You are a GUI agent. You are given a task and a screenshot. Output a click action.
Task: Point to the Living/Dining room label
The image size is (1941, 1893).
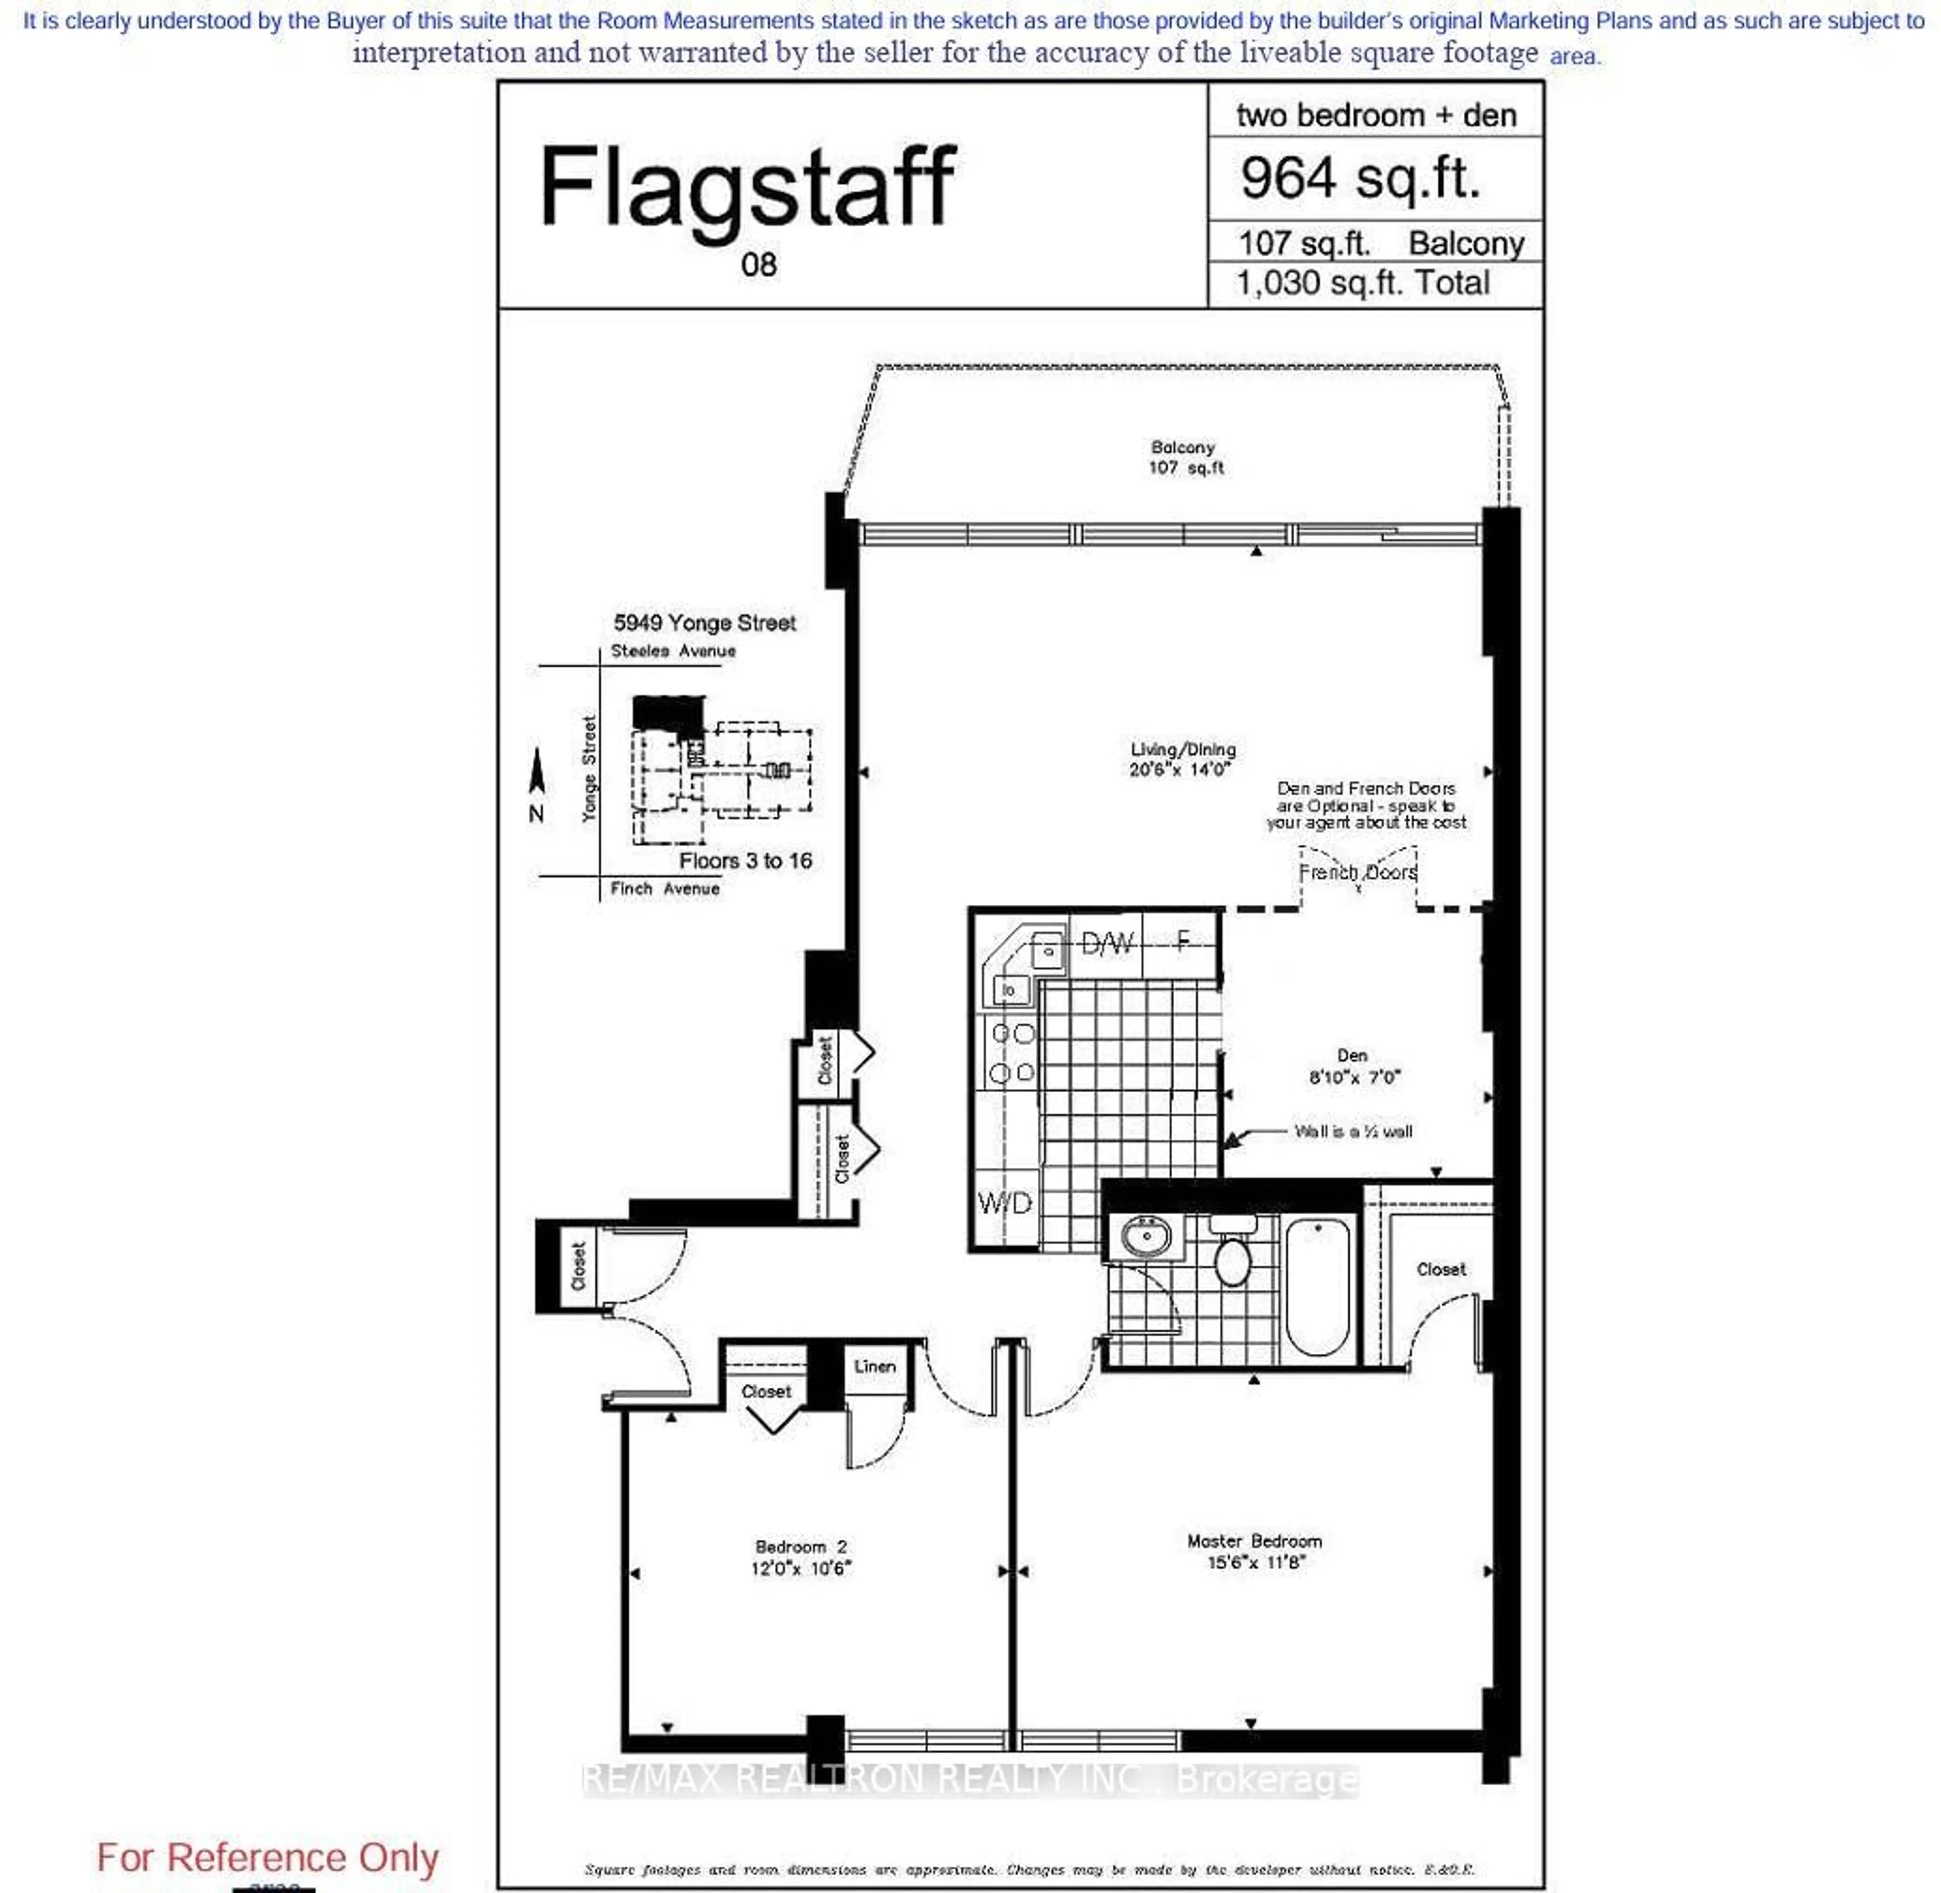click(x=1183, y=750)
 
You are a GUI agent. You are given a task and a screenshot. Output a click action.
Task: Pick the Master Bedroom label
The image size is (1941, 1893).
click(x=1254, y=1541)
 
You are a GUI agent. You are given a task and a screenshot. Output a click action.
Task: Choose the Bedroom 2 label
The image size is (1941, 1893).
click(x=801, y=1547)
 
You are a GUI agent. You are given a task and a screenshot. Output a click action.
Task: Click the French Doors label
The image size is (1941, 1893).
click(x=1358, y=872)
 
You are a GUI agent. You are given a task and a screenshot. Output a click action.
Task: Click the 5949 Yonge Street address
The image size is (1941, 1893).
click(x=705, y=624)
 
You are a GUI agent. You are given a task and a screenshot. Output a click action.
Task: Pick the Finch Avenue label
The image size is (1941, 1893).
click(x=665, y=889)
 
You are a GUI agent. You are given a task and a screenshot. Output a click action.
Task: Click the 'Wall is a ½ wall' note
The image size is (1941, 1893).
click(x=1353, y=1131)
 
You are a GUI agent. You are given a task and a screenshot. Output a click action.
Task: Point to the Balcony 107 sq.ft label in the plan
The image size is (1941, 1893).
click(x=1185, y=457)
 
